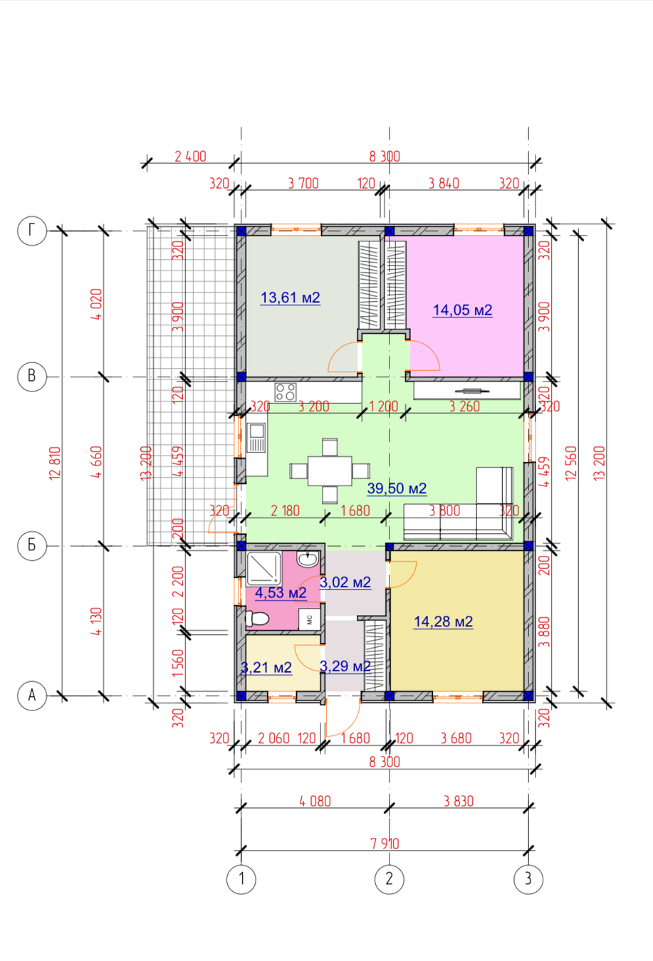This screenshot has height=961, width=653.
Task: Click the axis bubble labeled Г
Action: (x=32, y=231)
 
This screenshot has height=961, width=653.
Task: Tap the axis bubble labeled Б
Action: (x=32, y=546)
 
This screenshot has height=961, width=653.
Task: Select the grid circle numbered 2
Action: (x=389, y=879)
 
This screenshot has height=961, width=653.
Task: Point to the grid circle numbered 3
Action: (x=528, y=879)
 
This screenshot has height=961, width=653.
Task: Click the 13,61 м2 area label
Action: (x=291, y=298)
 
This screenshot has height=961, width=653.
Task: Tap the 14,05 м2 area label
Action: (x=462, y=310)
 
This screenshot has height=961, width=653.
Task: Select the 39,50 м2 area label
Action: (x=397, y=488)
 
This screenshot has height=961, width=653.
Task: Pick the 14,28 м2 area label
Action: (x=443, y=621)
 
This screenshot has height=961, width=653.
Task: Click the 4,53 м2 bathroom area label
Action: (x=281, y=592)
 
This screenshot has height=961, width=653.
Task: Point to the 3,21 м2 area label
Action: (x=266, y=667)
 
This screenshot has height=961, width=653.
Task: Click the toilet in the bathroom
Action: (x=257, y=619)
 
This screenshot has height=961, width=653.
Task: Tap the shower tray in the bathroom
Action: (x=264, y=569)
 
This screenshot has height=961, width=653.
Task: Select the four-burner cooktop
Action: (x=286, y=392)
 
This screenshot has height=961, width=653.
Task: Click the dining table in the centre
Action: (x=330, y=471)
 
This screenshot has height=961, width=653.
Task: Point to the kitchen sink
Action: (x=256, y=438)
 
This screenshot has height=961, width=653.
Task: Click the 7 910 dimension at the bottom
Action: (x=385, y=844)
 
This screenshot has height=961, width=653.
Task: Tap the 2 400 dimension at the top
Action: (x=190, y=156)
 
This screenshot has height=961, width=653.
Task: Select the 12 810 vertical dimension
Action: (x=56, y=463)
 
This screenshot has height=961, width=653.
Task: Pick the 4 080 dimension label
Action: (x=315, y=801)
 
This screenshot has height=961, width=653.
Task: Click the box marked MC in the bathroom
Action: (x=309, y=619)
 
